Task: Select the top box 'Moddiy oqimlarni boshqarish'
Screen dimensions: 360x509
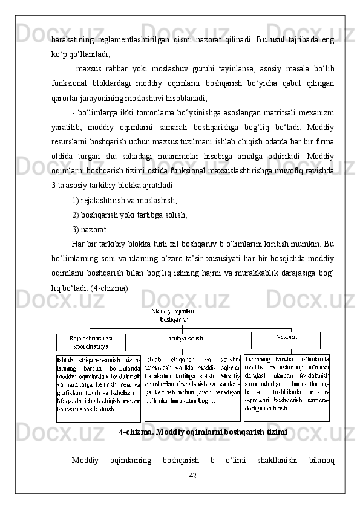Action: tap(174, 315)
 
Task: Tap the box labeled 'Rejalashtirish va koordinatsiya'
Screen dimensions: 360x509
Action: tap(92, 342)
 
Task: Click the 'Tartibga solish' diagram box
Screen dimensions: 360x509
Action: tap(183, 339)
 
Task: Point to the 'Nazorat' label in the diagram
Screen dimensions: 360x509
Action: tap(286, 336)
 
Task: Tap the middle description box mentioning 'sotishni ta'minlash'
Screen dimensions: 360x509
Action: tap(192, 387)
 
